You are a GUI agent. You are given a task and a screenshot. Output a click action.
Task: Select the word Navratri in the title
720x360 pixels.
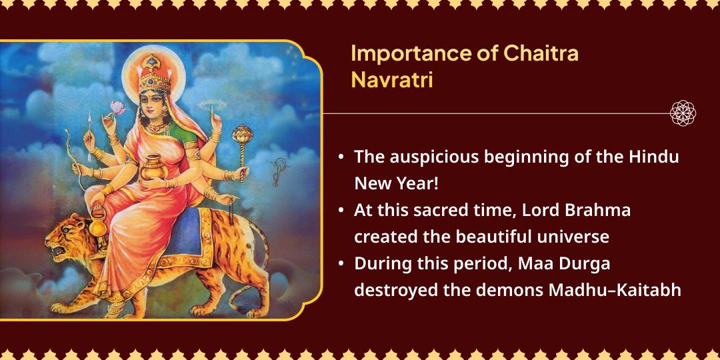pos(392,79)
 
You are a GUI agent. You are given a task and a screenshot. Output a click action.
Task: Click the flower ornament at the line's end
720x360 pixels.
pos(683,113)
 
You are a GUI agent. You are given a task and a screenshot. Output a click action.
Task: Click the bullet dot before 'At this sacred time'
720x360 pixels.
pos(341,211)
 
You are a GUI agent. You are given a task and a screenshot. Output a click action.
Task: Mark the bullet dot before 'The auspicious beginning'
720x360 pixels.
pos(341,158)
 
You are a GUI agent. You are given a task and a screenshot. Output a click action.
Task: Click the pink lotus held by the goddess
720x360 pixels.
pos(117,107)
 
